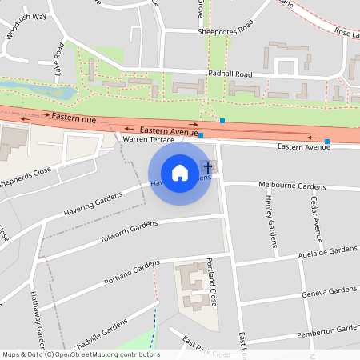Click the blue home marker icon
point(180,173)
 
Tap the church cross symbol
point(208,168)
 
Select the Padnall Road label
point(229,74)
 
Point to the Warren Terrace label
point(148,139)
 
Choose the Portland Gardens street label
point(133,274)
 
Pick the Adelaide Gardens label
point(327,250)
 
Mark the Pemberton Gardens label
point(327,330)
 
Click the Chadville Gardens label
point(100,332)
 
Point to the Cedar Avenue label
point(317,218)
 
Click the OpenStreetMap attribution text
point(81,354)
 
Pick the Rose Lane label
point(346,34)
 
